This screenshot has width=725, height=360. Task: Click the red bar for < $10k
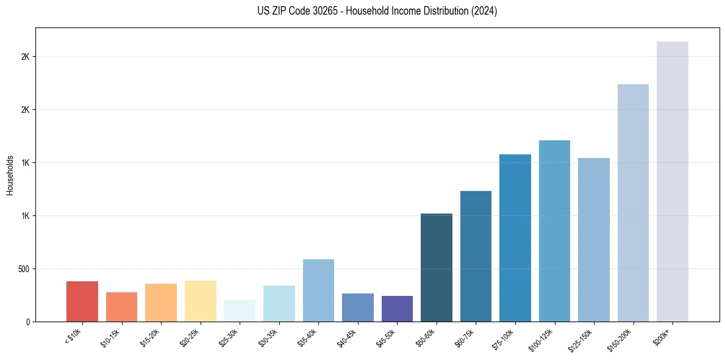(x=82, y=301)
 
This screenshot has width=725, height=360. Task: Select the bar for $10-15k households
(x=121, y=307)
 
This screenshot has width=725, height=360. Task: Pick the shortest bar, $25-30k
(x=240, y=311)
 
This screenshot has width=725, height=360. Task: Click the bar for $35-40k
(x=318, y=290)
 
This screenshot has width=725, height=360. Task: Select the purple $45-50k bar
(x=397, y=309)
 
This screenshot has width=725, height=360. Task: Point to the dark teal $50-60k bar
(x=437, y=267)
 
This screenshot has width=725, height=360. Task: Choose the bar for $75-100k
(x=515, y=238)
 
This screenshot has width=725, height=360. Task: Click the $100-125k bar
(x=554, y=231)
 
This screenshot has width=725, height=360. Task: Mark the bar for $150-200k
(x=633, y=203)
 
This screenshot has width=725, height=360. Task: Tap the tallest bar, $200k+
(x=673, y=181)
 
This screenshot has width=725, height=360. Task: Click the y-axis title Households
(x=10, y=175)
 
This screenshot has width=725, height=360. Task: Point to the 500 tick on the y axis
(x=24, y=268)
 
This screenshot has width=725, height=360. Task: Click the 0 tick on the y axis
(x=28, y=322)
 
